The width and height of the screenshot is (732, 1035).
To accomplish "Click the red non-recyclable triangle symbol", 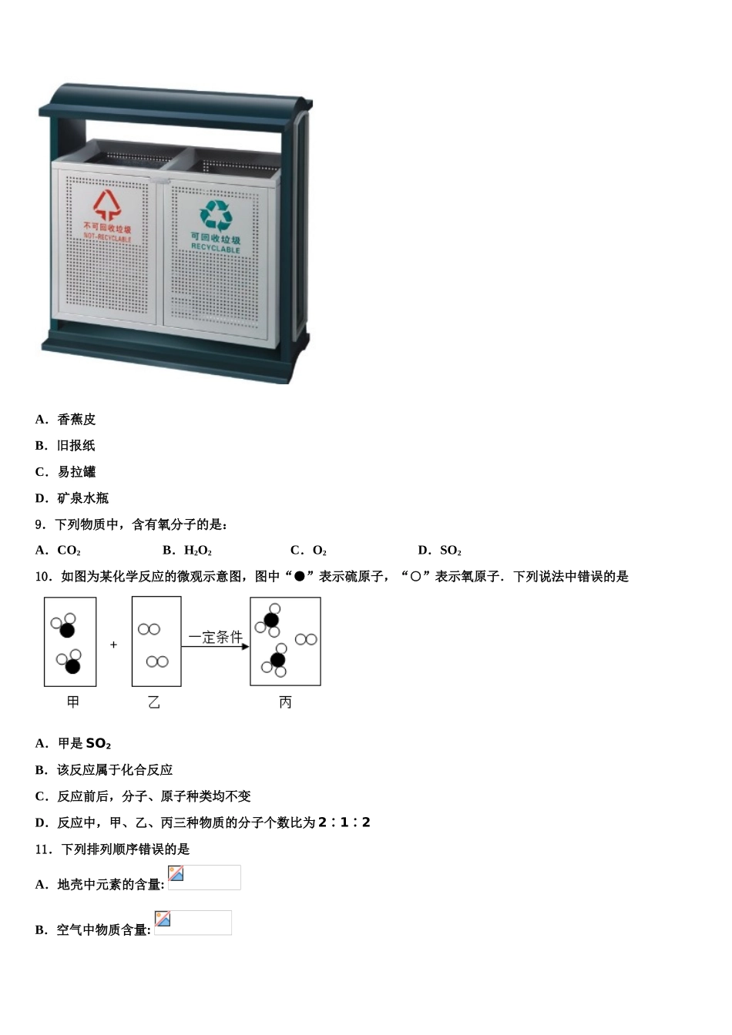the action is (107, 205).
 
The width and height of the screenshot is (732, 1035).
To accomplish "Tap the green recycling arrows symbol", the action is (216, 216).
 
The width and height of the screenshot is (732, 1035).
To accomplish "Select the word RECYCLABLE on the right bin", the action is (216, 249).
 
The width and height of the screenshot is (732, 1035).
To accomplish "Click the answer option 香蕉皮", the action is (76, 419).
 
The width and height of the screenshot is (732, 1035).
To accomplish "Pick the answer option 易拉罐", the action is (76, 471).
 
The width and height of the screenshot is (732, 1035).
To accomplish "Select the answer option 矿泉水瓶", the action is (82, 497).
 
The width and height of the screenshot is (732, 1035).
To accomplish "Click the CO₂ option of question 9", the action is (69, 550).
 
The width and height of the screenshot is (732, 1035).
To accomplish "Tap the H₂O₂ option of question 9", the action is (198, 550).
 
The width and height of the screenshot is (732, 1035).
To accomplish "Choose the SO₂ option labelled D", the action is (450, 550).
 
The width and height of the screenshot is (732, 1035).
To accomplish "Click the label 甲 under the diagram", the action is (73, 702).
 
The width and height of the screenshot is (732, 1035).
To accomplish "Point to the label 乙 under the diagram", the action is (154, 702).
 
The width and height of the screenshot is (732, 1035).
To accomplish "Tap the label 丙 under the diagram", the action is (285, 702).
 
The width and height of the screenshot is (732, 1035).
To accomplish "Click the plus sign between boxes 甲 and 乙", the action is (114, 645).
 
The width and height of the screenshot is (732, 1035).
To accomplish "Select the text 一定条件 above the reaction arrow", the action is (215, 637).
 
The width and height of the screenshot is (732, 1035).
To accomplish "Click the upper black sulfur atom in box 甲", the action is (67, 630).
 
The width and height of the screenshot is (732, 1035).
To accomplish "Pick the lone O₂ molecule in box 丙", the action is (306, 639).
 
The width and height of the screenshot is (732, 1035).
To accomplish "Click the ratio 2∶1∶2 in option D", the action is (344, 822).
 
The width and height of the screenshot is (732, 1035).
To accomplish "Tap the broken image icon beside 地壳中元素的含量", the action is (176, 873).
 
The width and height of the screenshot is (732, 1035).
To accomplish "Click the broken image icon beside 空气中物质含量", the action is (163, 919).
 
